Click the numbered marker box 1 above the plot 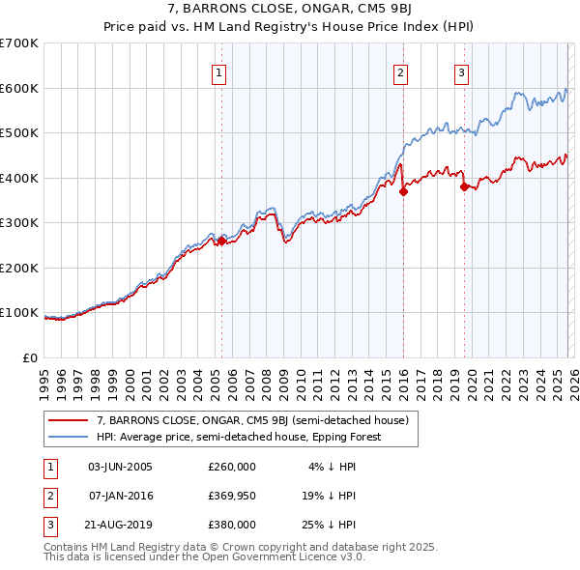point(219,72)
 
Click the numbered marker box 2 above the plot point(400,72)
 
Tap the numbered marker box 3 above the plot point(462,72)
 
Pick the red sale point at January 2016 point(402,191)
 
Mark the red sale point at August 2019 point(464,186)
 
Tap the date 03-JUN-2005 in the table point(120,467)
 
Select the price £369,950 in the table point(232,496)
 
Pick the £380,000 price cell point(232,525)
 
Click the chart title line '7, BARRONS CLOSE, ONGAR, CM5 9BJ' point(290,12)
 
